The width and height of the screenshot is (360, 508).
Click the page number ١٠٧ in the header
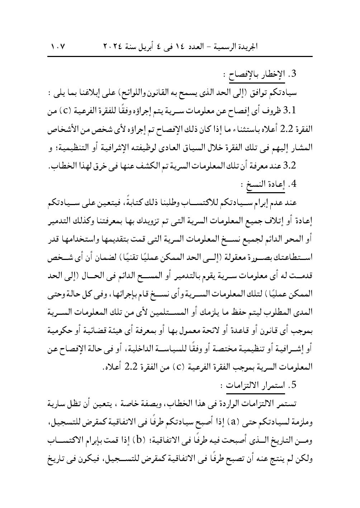(57, 47)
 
